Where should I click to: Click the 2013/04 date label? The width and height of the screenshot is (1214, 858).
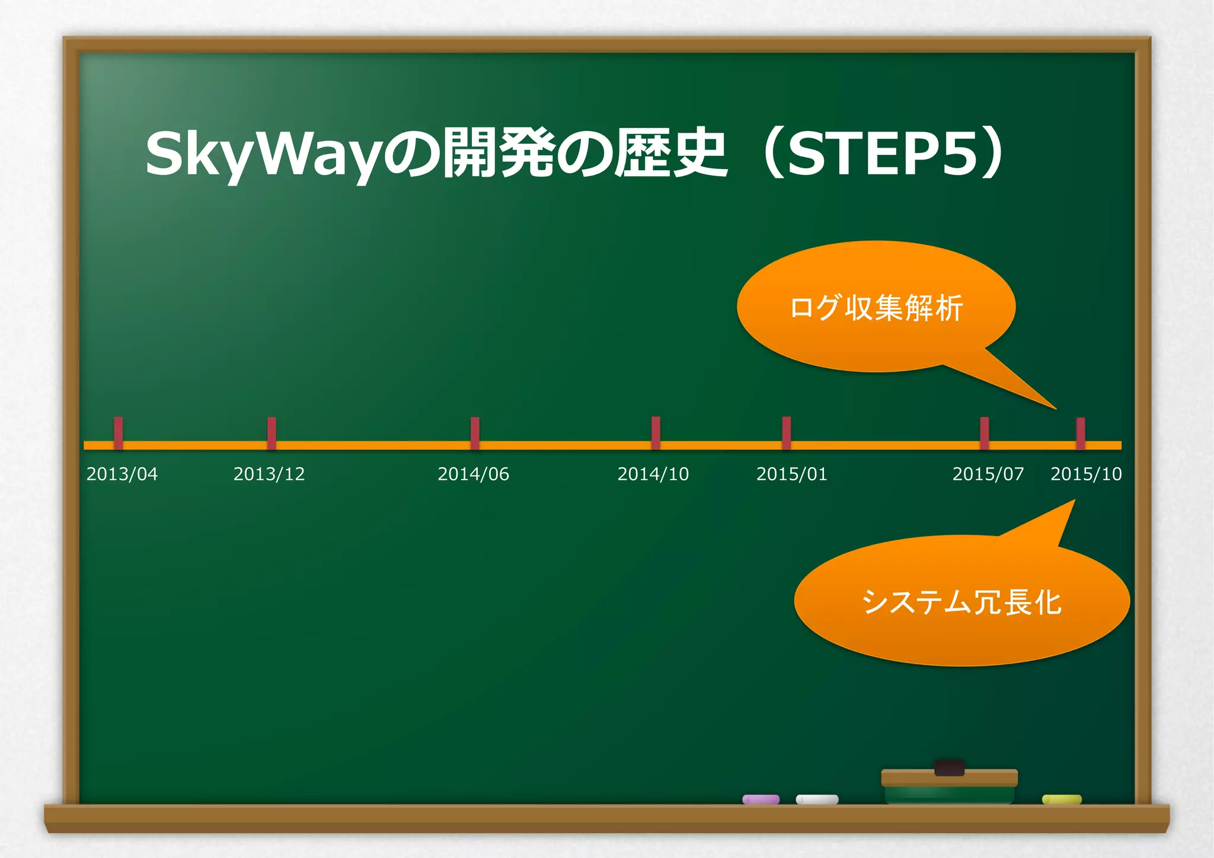click(x=122, y=474)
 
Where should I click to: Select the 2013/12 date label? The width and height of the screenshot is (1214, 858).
click(x=269, y=474)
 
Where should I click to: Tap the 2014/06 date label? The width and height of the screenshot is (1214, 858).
click(x=473, y=474)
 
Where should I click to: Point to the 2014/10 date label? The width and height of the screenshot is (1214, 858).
click(x=653, y=474)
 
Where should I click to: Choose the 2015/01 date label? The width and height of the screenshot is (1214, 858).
click(x=791, y=474)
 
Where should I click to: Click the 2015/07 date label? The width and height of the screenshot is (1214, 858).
click(x=988, y=474)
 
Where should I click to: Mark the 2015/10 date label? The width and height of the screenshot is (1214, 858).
click(x=1086, y=474)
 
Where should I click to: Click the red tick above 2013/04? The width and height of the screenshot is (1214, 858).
click(x=119, y=432)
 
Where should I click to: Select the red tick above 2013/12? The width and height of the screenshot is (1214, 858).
click(x=271, y=432)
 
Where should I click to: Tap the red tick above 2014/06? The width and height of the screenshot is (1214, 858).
click(x=475, y=432)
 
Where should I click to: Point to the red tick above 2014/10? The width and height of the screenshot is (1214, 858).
click(x=656, y=432)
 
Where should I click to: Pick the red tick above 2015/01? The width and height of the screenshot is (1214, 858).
click(x=786, y=432)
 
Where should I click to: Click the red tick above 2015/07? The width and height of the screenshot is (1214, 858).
click(x=984, y=432)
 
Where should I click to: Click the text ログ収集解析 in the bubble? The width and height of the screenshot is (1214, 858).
click(x=876, y=308)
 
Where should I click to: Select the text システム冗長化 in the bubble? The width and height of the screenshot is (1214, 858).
click(x=961, y=602)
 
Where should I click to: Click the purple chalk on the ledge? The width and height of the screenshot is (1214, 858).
click(x=761, y=799)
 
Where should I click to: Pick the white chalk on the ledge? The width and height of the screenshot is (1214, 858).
click(x=817, y=799)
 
